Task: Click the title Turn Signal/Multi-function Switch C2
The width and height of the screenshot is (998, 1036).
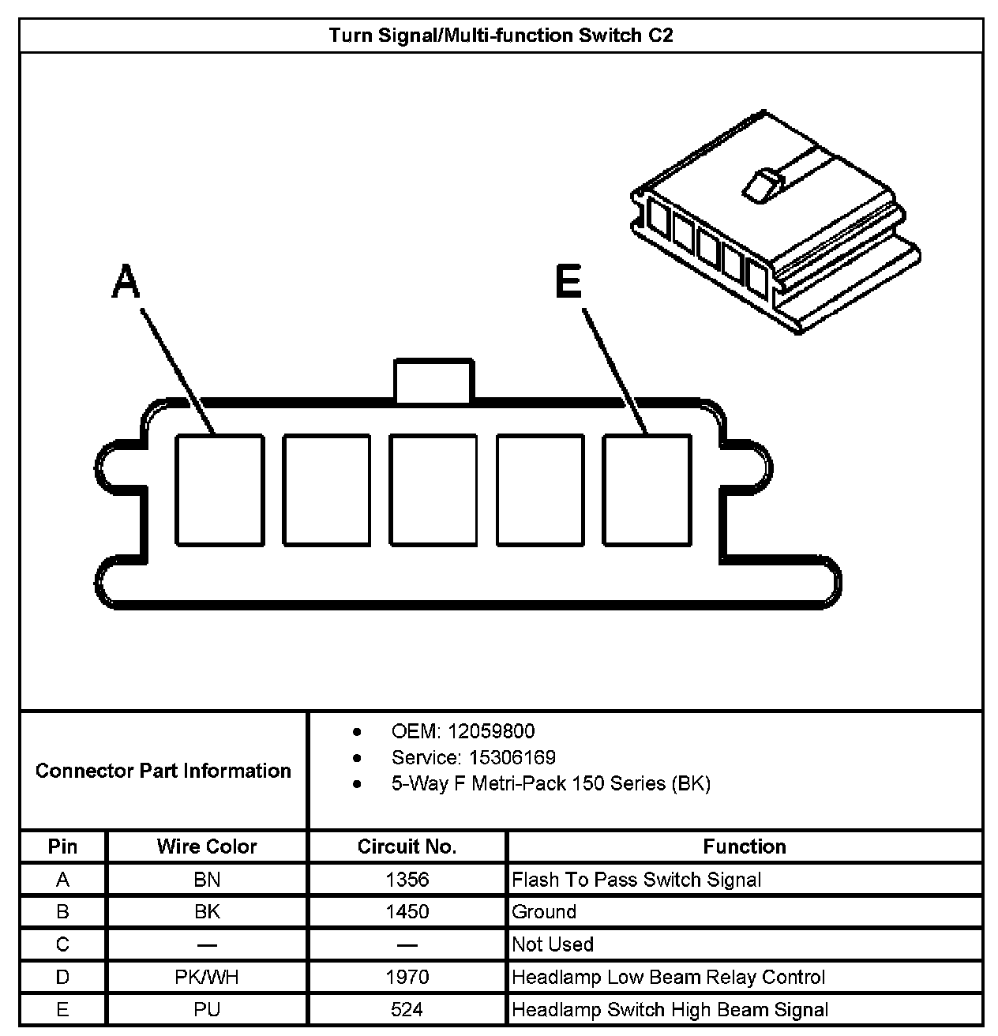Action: [x=501, y=36]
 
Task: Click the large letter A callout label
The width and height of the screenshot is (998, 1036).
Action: [x=125, y=282]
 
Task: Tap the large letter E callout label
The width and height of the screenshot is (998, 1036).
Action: [x=568, y=282]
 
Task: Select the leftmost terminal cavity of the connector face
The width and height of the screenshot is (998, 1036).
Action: [x=219, y=490]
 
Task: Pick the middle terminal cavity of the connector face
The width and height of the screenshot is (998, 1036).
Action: [x=433, y=490]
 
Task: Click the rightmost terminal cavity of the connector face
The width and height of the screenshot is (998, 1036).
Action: [x=647, y=490]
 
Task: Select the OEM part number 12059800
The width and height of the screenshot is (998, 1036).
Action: [x=490, y=731]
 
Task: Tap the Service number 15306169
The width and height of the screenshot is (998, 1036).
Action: [x=512, y=757]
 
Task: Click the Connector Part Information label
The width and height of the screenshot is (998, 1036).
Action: [x=163, y=771]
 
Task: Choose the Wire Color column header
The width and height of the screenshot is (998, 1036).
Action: [x=207, y=846]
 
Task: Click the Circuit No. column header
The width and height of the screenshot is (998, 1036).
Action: [x=407, y=846]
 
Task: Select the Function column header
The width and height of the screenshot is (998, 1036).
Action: [x=745, y=846]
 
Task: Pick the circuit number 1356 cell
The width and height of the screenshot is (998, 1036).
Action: [x=407, y=880]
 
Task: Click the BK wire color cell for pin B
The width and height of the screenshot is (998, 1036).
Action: [x=207, y=912]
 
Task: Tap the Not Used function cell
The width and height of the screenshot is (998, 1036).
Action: [x=553, y=944]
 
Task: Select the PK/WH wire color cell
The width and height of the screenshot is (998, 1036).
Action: [x=207, y=977]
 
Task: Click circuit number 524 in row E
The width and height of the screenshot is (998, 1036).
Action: [x=407, y=1009]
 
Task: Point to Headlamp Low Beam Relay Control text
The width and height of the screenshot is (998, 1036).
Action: [x=668, y=977]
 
